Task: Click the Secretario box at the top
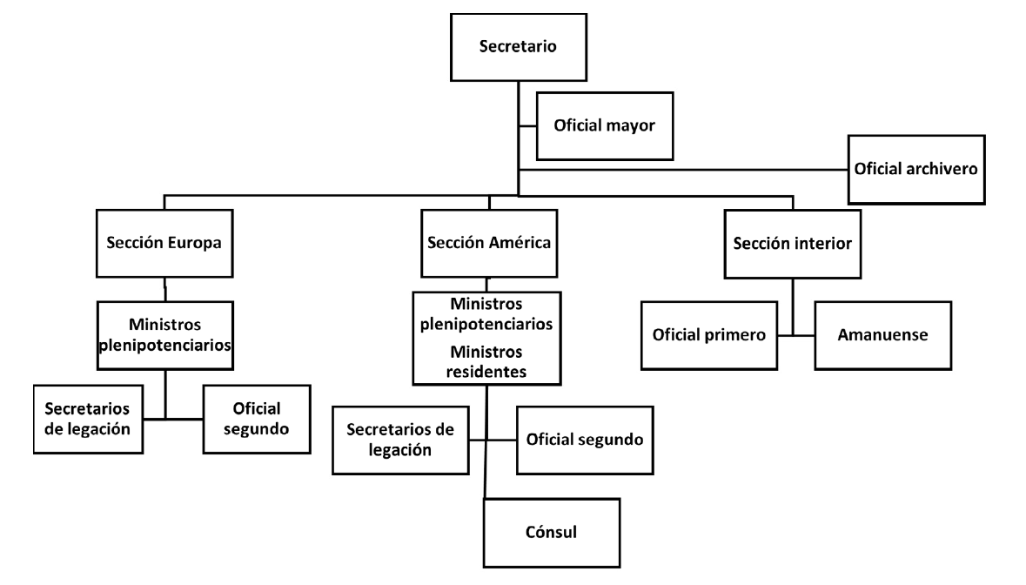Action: (519, 46)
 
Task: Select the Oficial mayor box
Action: (603, 125)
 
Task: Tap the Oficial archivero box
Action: (916, 169)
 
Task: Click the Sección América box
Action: (488, 243)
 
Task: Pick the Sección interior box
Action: (792, 244)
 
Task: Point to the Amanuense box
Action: (880, 334)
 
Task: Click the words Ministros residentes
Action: (486, 361)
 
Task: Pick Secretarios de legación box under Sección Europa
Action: (88, 420)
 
